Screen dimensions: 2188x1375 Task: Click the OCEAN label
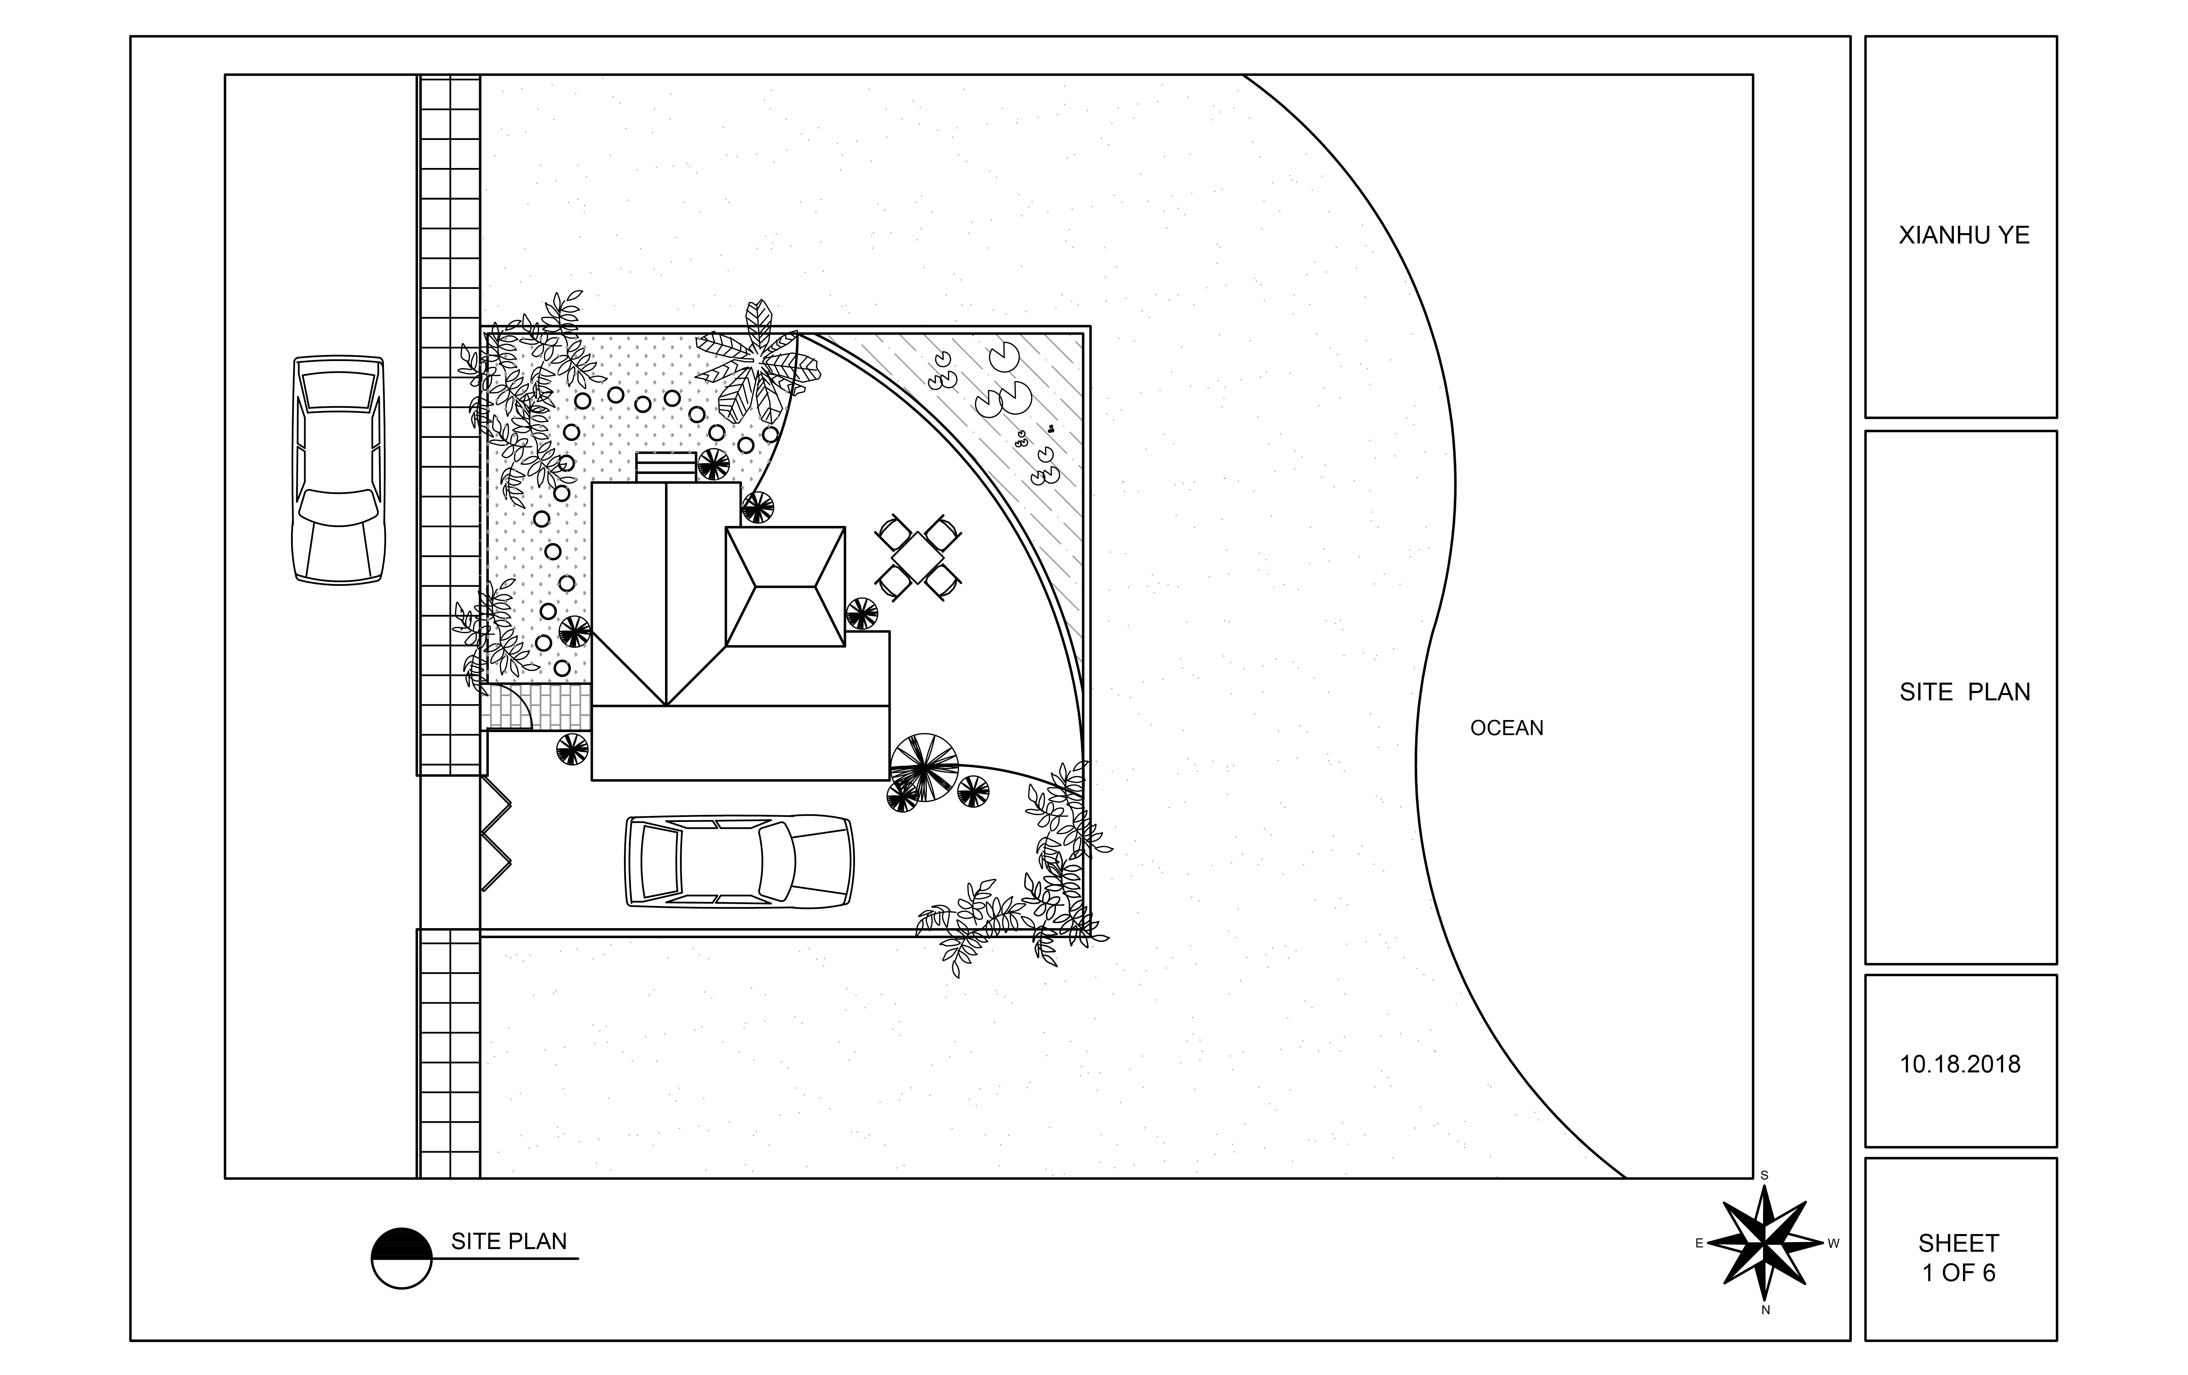pos(1507,728)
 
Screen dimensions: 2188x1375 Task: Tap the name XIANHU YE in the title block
pos(1964,235)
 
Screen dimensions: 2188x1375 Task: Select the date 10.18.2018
pos(1960,1064)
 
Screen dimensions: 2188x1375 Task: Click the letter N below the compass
pos(1765,1310)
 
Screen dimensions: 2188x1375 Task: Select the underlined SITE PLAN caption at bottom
pos(509,1241)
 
